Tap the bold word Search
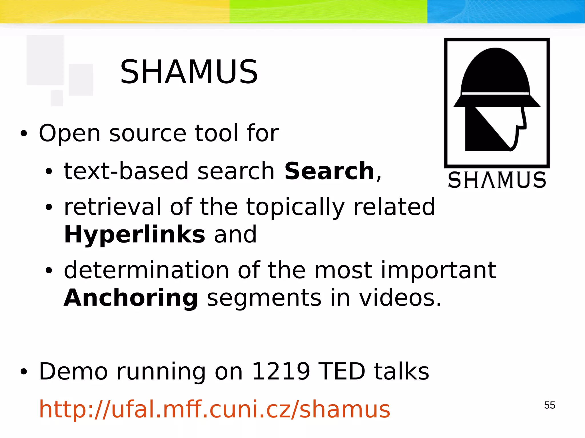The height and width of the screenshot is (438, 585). point(329,171)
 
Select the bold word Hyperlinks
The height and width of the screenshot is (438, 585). point(135,235)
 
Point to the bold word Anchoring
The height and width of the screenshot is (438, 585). point(131,298)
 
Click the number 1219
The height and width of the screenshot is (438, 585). point(281,372)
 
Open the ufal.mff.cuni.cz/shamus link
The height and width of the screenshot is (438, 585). point(215,409)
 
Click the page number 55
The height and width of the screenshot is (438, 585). point(550,405)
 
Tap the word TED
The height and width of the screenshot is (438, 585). point(342,372)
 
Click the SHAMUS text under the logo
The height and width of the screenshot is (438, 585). point(497,180)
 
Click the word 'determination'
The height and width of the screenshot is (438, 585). point(146,270)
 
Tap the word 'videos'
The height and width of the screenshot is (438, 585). point(400,298)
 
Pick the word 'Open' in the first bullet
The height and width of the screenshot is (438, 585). point(70,134)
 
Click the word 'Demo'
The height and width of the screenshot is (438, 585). point(73,372)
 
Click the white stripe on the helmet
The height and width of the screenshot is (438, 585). point(496,93)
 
